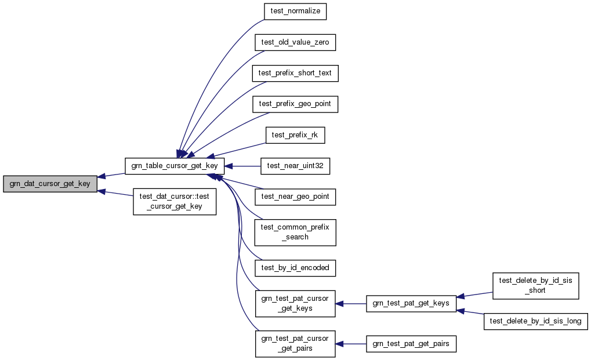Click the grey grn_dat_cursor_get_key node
[x=50, y=184]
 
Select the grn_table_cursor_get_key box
[x=175, y=166]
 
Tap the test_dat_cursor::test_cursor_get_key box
[x=175, y=201]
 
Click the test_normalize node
[x=295, y=12]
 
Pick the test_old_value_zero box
[x=295, y=42]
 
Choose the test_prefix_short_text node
[x=295, y=73]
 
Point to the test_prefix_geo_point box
[x=295, y=104]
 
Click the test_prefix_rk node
[x=295, y=134]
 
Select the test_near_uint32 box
[x=295, y=166]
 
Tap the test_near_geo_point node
[x=295, y=197]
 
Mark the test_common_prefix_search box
[x=295, y=232]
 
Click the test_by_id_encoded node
[x=295, y=267]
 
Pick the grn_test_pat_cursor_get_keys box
[x=295, y=303]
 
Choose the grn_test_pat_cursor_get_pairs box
[x=295, y=343]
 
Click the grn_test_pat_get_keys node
[x=411, y=303]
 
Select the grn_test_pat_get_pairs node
[x=411, y=344]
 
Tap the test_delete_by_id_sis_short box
[x=535, y=285]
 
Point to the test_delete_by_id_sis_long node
[x=535, y=321]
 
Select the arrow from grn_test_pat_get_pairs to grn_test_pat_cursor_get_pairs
[x=350, y=344]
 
